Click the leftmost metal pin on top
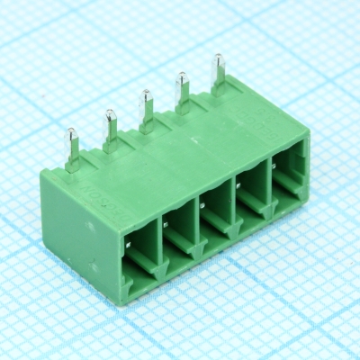tap(71, 144)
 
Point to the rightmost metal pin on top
tap(218, 70)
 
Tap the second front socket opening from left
tap(179, 229)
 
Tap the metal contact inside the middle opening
tap(203, 205)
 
